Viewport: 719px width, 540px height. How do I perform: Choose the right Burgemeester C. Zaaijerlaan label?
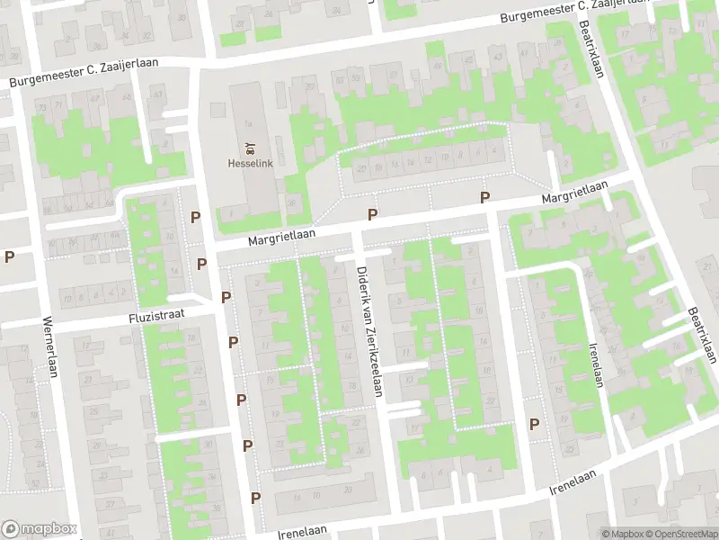pos(575,10)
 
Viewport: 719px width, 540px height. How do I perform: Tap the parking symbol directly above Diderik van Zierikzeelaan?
pos(372,214)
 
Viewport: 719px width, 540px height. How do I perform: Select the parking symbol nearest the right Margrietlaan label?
pos(484,198)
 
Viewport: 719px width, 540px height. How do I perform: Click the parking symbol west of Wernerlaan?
pos(9,256)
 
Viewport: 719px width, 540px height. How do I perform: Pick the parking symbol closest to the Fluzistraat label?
pos(226,297)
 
